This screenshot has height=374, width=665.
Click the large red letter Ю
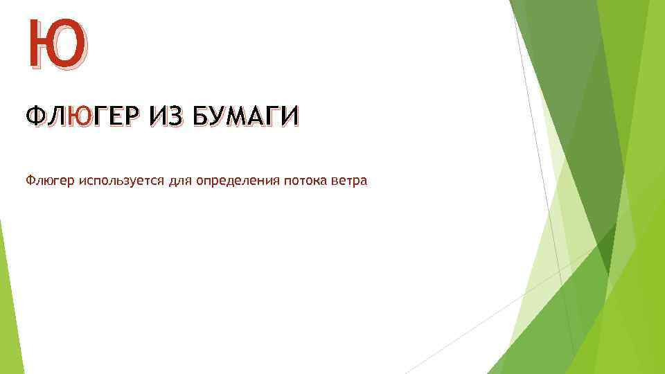58,45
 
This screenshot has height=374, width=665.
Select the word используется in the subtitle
121,181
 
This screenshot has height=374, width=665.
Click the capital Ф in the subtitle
30,181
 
